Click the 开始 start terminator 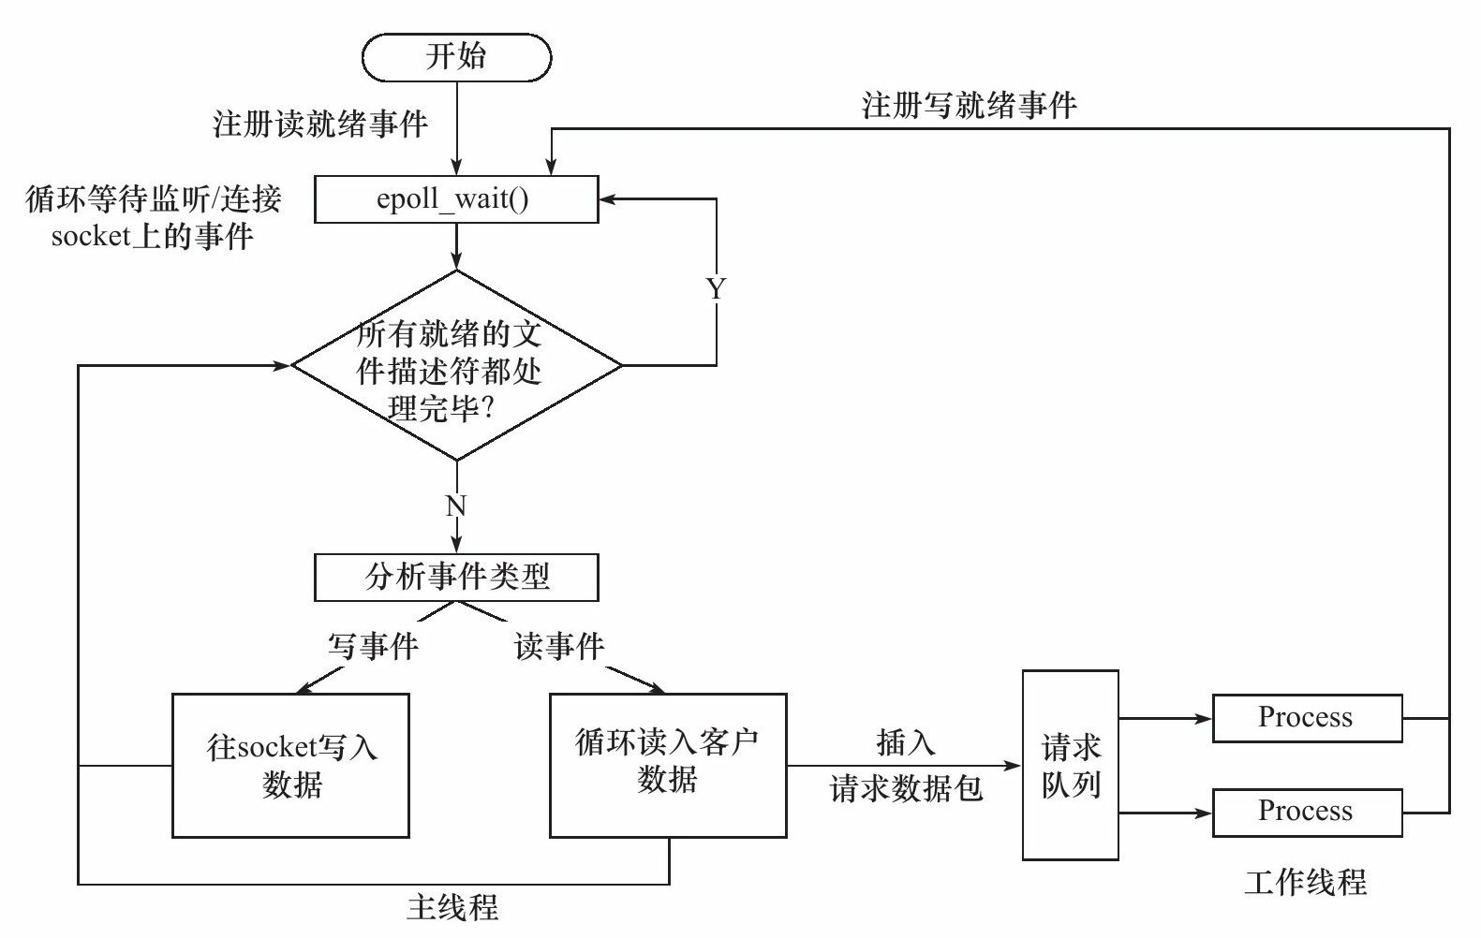(x=456, y=57)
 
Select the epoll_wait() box (x=456, y=200)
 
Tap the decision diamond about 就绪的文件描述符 (x=456, y=366)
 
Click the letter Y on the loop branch (x=716, y=289)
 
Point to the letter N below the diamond (x=456, y=506)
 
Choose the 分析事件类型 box (x=456, y=577)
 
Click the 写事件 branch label (x=372, y=646)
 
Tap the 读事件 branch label (x=559, y=646)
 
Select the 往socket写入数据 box (x=291, y=765)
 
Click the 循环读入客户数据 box (x=667, y=765)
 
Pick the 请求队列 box (x=1070, y=765)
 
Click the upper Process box (x=1307, y=718)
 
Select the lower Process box (x=1307, y=812)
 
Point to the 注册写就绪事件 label (x=969, y=105)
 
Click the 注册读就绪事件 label (x=320, y=124)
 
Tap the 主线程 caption (x=452, y=906)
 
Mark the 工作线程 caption (x=1305, y=881)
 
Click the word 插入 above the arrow (x=905, y=742)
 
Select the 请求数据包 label (x=905, y=789)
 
